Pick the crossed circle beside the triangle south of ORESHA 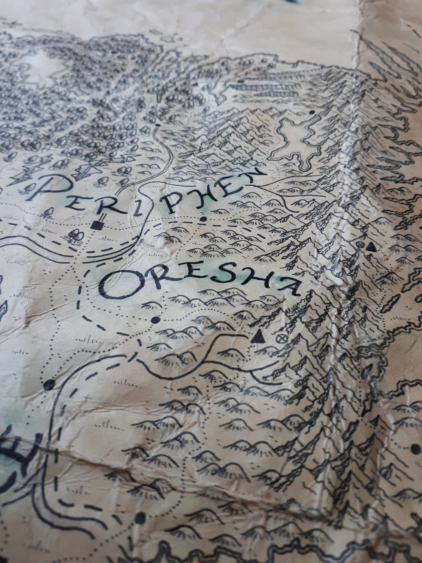click(280, 338)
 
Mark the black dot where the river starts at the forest click(158, 125)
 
